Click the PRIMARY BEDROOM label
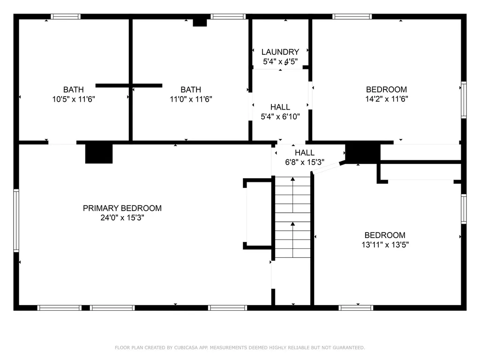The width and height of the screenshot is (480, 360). [122, 208]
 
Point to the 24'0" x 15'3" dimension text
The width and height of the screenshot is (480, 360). [122, 217]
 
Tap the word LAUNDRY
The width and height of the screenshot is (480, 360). [280, 52]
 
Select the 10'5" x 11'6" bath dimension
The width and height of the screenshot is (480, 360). [74, 99]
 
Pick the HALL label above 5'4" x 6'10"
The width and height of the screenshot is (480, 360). [280, 107]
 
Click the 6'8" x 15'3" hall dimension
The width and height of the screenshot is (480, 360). [305, 162]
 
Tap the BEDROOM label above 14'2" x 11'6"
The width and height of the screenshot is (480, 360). [386, 90]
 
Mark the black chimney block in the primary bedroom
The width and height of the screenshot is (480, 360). [99, 154]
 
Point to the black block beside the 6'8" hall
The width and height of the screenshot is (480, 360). [362, 153]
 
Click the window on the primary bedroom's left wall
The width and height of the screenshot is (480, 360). [16, 220]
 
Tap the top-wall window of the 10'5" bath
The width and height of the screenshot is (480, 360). [66, 17]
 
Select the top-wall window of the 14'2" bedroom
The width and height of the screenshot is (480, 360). [352, 17]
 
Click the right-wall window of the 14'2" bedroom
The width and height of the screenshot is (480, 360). [463, 99]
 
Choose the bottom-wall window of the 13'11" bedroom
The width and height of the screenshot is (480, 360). [356, 308]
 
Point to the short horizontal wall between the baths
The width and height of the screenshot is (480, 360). [129, 85]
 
